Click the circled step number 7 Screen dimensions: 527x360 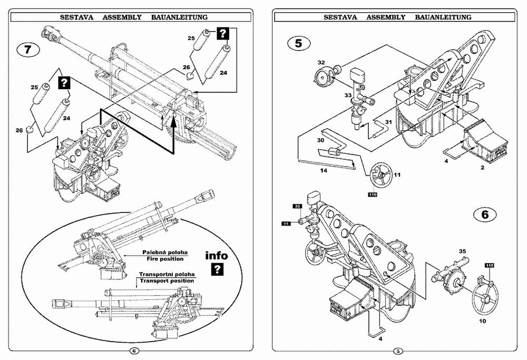point(28,50)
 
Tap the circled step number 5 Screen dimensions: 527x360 point(299,43)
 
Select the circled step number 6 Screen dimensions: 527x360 point(485,215)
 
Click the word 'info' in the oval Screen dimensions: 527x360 point(217,256)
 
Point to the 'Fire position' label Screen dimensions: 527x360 point(165,259)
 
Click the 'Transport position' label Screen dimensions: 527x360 point(167,280)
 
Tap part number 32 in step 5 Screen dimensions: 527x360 point(321,63)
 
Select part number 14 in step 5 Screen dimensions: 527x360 point(324,171)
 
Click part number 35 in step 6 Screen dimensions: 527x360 point(463,251)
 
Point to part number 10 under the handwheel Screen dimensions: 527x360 point(482,321)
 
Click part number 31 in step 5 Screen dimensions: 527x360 point(388,122)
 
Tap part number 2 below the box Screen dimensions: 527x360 point(483,168)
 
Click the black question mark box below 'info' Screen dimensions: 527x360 point(218,269)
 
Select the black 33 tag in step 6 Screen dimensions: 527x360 point(297,206)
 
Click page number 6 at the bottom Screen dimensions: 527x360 point(134,351)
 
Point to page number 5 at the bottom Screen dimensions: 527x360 point(397,351)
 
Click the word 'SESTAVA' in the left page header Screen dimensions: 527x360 point(76,17)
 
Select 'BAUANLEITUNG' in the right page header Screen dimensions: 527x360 point(443,17)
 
